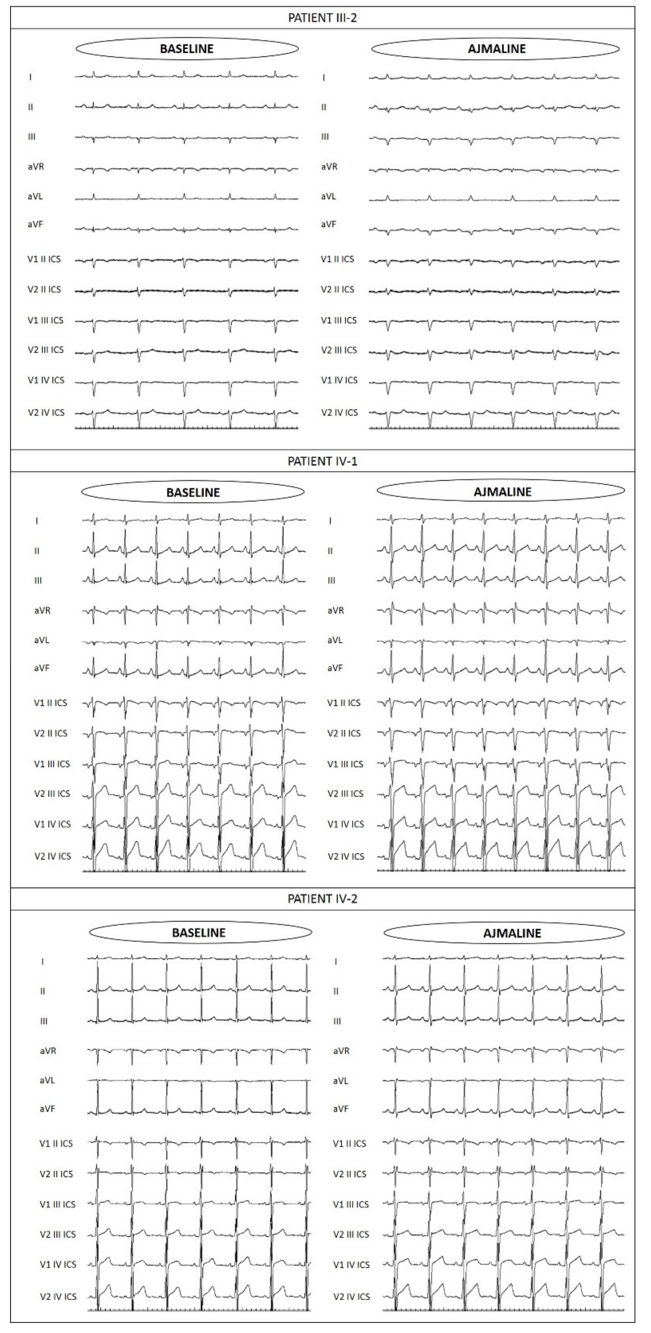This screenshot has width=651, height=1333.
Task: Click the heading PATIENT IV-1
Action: click(x=322, y=461)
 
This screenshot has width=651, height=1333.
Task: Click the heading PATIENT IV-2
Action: click(x=322, y=899)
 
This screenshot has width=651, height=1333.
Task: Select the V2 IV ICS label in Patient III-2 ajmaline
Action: click(x=339, y=412)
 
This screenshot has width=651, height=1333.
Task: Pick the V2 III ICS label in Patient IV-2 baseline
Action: click(x=57, y=1234)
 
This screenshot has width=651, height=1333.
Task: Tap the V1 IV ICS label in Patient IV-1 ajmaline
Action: click(x=345, y=824)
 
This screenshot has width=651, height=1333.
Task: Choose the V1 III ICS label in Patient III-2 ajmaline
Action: click(x=338, y=320)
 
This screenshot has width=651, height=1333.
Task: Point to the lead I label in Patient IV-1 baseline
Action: click(x=37, y=521)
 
